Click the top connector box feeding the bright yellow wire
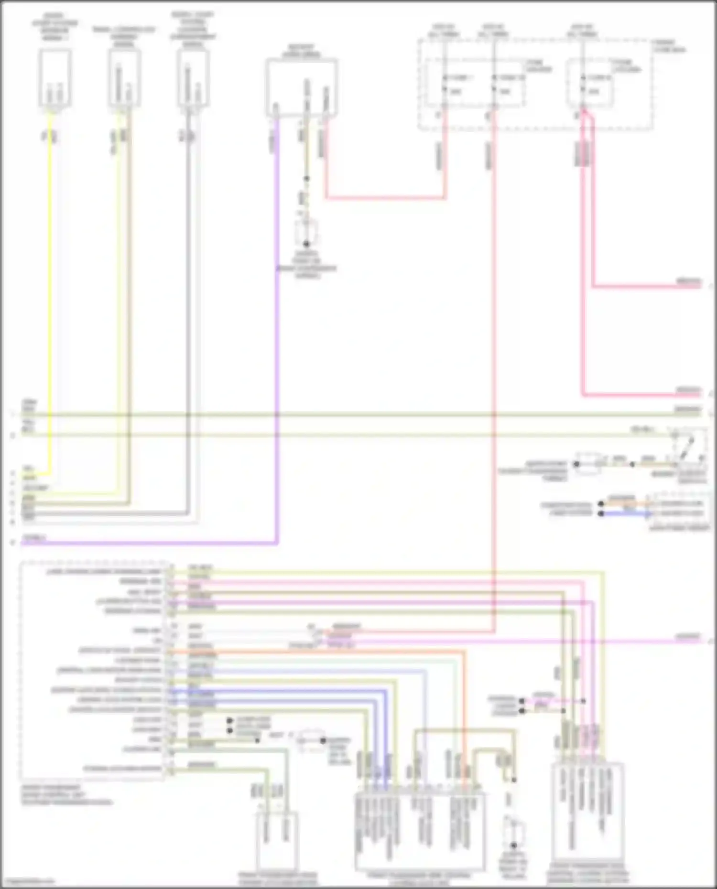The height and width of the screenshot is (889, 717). click(55, 79)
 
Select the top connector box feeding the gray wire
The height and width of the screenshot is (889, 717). click(193, 79)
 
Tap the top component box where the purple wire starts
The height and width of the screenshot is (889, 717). click(302, 87)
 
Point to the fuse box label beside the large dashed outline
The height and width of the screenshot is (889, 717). click(669, 46)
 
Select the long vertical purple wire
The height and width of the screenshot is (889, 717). click(277, 334)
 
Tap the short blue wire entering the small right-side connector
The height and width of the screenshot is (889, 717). click(626, 514)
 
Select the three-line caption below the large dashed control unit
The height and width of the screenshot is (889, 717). click(67, 795)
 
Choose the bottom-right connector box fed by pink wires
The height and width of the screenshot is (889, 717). click(587, 819)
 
